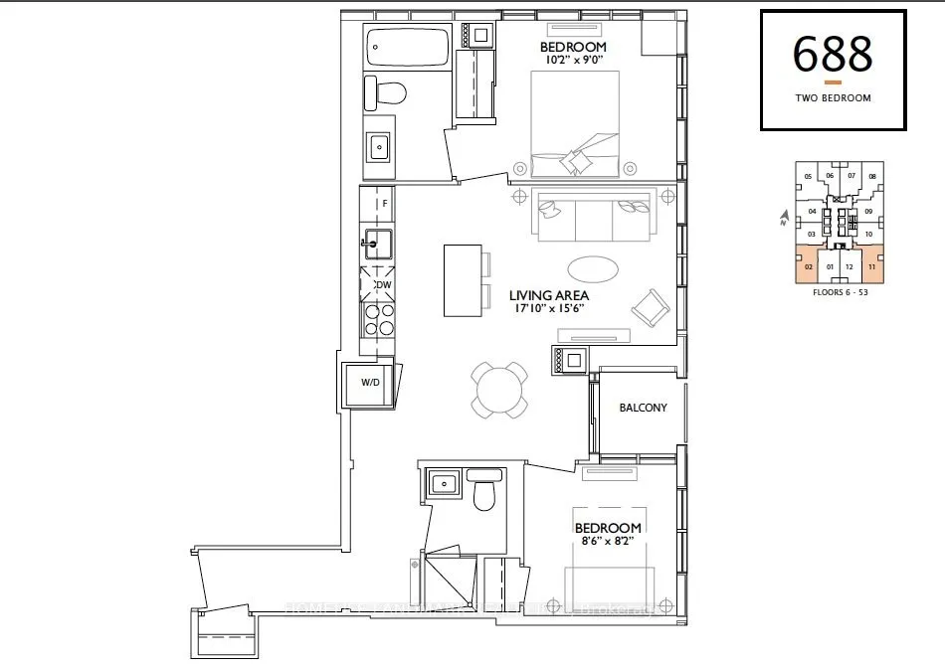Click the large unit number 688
click(x=832, y=55)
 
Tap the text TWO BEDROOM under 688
click(x=833, y=98)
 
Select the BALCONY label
click(x=643, y=408)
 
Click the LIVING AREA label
click(x=549, y=295)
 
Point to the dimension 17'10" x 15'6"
click(x=549, y=309)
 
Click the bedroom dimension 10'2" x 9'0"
click(x=573, y=61)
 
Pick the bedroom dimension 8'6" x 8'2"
click(x=607, y=542)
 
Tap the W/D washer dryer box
click(x=370, y=382)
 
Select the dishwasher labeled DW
click(x=381, y=284)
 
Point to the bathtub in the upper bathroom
click(x=406, y=47)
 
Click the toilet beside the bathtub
click(x=388, y=94)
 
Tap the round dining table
click(x=500, y=389)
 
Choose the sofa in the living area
click(x=589, y=215)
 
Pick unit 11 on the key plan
click(x=871, y=266)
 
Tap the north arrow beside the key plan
click(x=785, y=215)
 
